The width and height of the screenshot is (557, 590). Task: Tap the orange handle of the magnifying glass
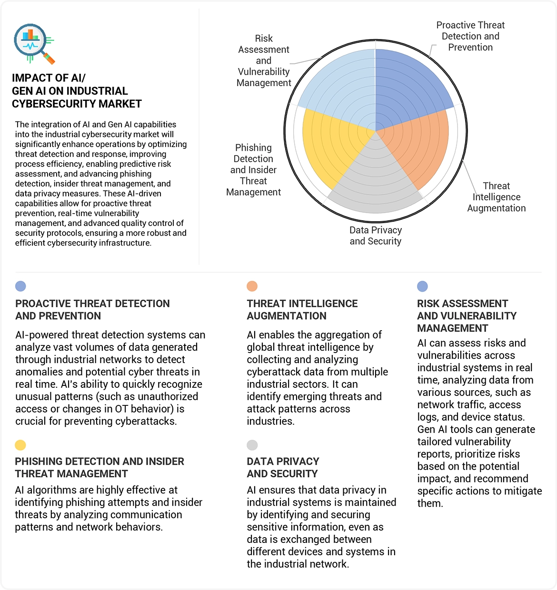[x=50, y=59]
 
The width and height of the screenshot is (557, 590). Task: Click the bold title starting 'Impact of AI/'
[x=77, y=91]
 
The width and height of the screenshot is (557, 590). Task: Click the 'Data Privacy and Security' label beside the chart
[x=376, y=236]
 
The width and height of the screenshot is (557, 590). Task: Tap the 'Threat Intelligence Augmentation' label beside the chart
[x=497, y=197]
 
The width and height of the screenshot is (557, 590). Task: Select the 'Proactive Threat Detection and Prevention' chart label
[x=470, y=36]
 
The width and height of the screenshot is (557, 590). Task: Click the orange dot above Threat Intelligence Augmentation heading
[x=252, y=286]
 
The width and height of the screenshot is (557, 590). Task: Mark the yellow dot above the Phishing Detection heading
[x=20, y=445]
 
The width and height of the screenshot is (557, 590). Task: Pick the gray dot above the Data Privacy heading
[x=252, y=445]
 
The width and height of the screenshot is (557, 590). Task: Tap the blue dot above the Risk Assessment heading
[x=422, y=286]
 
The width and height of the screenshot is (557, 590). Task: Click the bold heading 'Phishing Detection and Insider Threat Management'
[x=99, y=467]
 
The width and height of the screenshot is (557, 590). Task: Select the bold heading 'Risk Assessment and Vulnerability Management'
[x=467, y=315]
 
